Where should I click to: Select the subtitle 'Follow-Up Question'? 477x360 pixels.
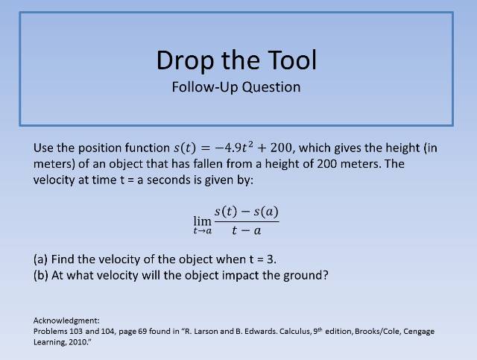(x=236, y=86)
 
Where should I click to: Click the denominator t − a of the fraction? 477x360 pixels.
(x=246, y=230)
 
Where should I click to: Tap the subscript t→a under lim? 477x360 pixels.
(x=203, y=231)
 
